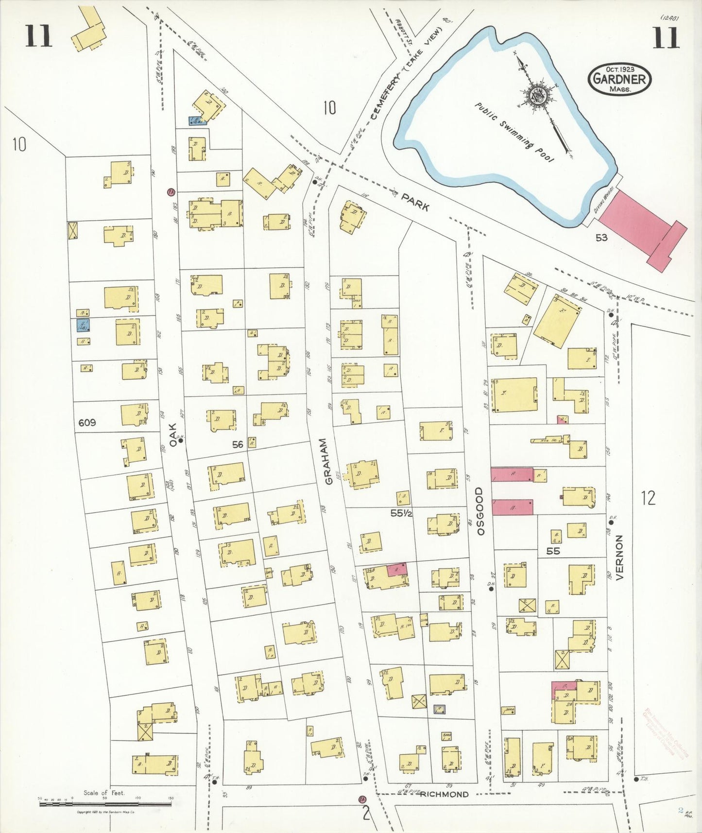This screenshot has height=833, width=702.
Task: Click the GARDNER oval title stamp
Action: [619, 79]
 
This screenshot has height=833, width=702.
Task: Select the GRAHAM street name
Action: [328, 461]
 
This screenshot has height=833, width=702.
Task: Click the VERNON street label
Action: [619, 557]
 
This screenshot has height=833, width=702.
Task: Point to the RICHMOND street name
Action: [445, 794]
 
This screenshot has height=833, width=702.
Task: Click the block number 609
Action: [87, 423]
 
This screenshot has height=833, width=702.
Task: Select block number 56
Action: [238, 444]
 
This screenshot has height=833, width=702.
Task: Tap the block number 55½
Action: [401, 513]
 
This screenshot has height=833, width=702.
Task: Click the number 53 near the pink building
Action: [601, 238]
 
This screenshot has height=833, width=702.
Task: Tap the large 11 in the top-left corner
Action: [38, 36]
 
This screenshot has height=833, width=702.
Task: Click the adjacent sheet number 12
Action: [648, 498]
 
